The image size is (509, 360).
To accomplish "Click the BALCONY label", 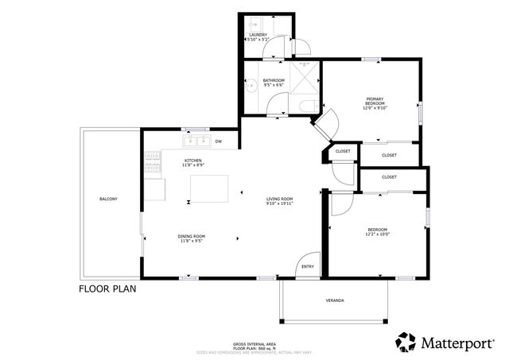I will pos(109,199).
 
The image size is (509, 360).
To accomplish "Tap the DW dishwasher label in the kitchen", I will pos(219,142).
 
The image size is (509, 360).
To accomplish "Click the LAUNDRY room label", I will pos(258,35).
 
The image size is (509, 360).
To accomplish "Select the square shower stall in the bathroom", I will pos(304,76).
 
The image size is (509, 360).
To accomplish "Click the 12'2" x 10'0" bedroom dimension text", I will pos(377,234).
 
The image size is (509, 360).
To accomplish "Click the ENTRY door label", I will pos(308,267).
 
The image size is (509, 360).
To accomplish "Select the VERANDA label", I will pos(335,301).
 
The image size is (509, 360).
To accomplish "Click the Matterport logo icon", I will pos(406,342).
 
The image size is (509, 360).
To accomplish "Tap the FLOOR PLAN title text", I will pos(107,289).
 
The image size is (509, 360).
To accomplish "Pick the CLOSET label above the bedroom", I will pos(389,177).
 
